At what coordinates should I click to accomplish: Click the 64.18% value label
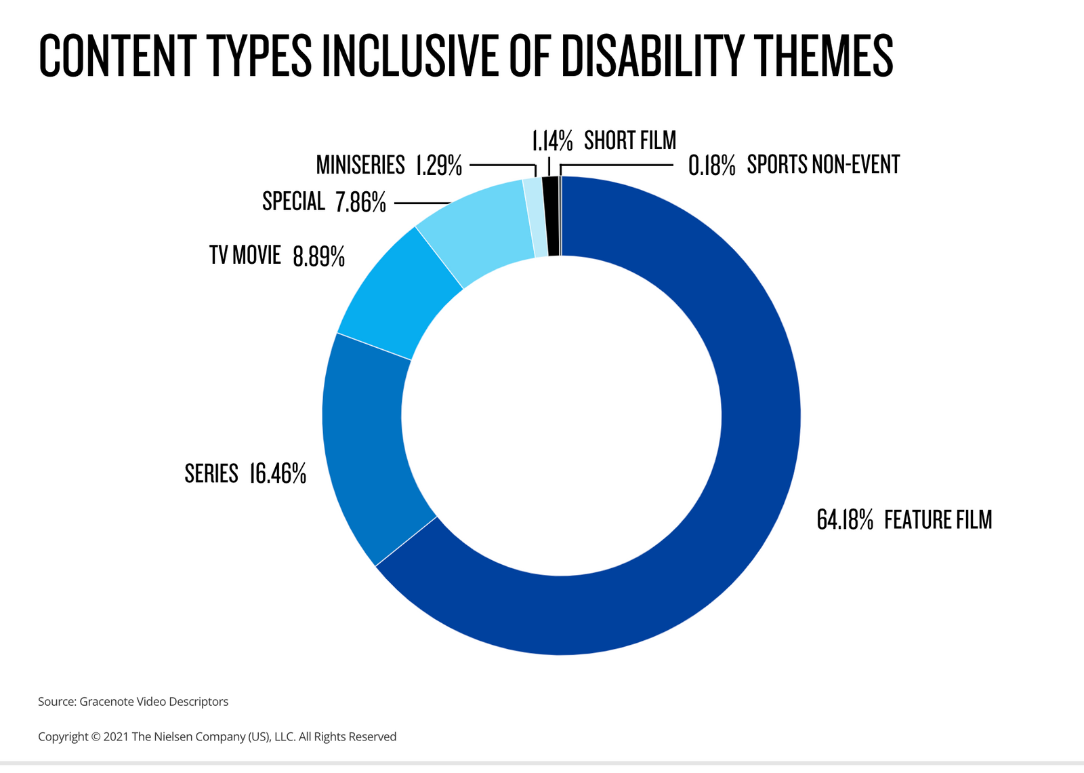[844, 520]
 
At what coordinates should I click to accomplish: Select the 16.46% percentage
[278, 473]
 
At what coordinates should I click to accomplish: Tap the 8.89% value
[318, 256]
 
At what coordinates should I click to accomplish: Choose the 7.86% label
[360, 202]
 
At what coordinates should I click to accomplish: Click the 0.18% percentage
[711, 165]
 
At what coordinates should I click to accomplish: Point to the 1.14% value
[552, 141]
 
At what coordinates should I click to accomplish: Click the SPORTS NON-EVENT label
[823, 165]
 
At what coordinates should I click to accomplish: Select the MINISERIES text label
[360, 165]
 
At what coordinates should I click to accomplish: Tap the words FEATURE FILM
[938, 520]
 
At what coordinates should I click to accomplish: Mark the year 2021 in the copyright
[116, 737]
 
